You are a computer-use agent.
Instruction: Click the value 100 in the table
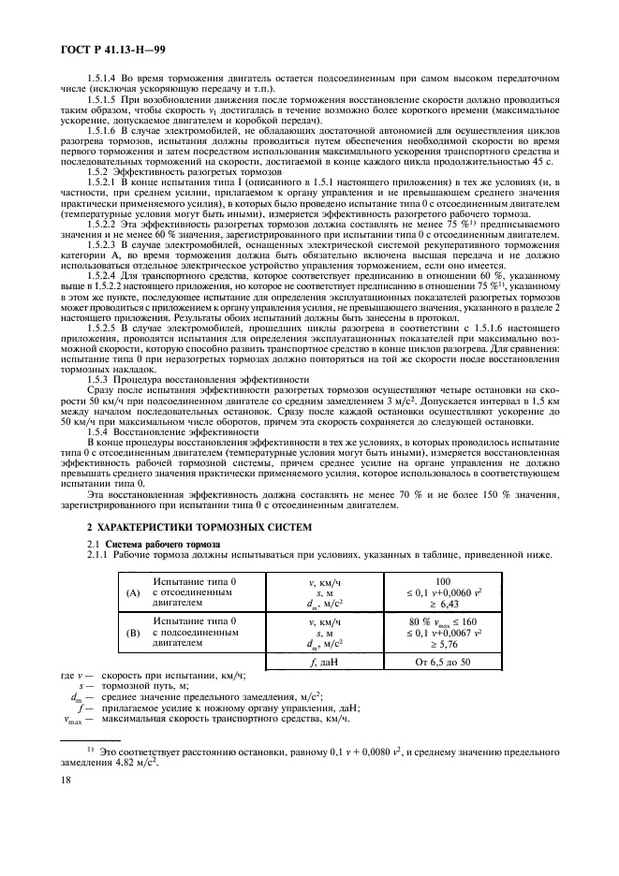pyautogui.click(x=443, y=581)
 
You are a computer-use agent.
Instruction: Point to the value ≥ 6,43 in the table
pyautogui.click(x=444, y=604)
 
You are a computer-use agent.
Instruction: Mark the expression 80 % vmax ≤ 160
pyautogui.click(x=443, y=620)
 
